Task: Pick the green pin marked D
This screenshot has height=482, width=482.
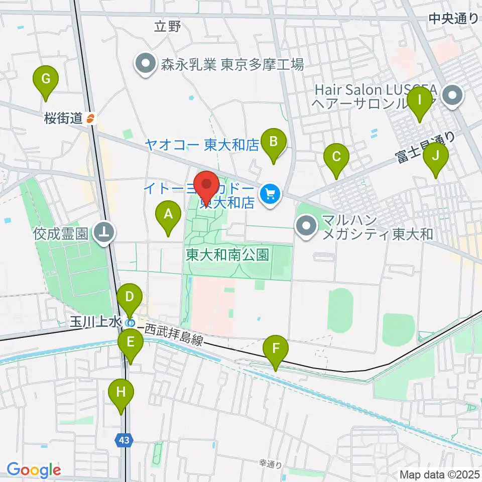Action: [x=130, y=298]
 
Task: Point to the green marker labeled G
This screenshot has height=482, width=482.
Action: [x=46, y=79]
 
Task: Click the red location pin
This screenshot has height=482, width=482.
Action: [x=206, y=186]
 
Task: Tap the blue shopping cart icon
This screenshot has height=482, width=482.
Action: [x=271, y=193]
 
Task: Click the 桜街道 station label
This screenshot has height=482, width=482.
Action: [x=63, y=119]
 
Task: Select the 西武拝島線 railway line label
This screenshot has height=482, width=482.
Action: [x=174, y=335]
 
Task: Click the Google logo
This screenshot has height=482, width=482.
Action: [x=34, y=470]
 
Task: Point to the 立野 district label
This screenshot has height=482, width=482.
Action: [x=167, y=27]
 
